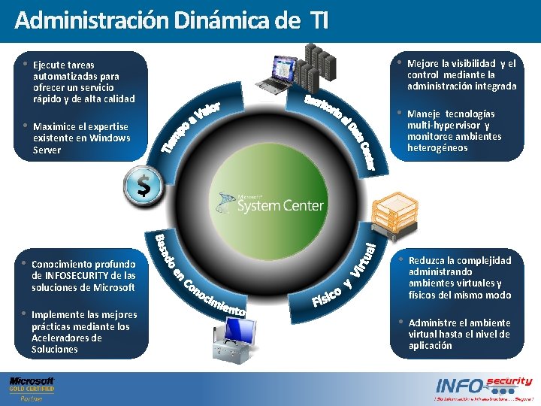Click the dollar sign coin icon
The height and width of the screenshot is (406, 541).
(143, 185)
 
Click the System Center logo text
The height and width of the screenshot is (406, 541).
(280, 205)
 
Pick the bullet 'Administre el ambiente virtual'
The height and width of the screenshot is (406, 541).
(459, 334)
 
